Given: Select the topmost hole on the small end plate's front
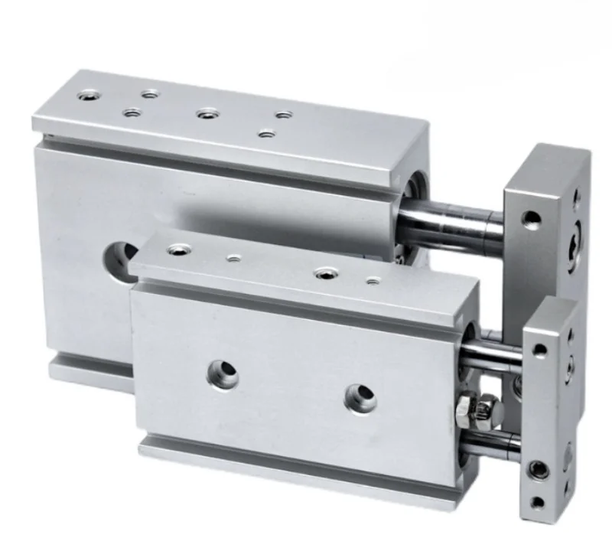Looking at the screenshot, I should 540,350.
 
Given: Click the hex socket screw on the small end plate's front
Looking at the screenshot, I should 541,468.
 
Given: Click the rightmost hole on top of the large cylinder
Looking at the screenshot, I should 285,116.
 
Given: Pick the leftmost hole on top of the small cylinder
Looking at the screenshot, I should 181,249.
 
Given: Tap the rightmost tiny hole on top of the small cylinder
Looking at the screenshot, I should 373,282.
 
